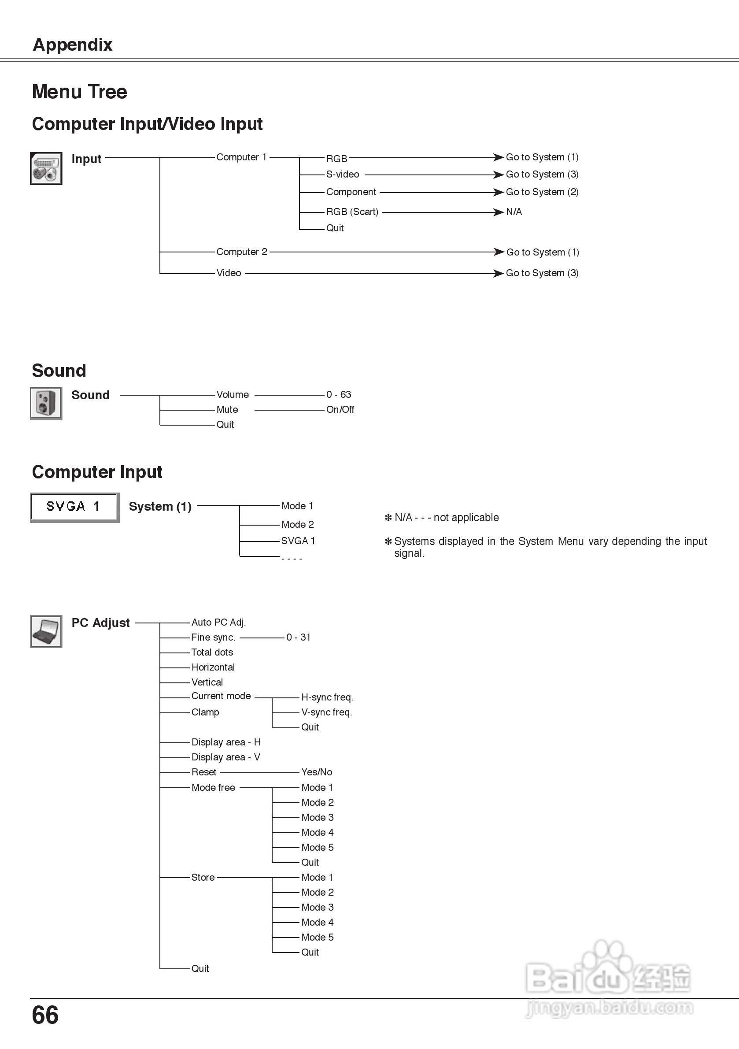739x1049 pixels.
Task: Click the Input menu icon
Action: point(46,168)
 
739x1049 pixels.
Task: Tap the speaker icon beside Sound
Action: point(46,404)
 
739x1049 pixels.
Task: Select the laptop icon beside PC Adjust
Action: point(46,631)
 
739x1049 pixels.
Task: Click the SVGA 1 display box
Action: point(74,507)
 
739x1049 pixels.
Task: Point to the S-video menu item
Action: point(343,174)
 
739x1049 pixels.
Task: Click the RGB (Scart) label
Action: point(352,212)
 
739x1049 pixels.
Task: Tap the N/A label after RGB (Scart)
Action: point(514,212)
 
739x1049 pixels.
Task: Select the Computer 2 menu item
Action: point(242,252)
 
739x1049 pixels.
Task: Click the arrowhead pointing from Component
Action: point(498,193)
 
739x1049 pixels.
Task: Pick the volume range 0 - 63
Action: point(338,394)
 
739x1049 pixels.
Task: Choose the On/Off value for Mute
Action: point(340,409)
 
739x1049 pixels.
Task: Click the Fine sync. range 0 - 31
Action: point(298,637)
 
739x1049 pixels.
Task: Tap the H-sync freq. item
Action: point(327,697)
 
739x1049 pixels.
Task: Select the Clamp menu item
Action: point(205,712)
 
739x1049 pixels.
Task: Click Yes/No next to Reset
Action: point(317,772)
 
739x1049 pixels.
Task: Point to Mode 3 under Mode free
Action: point(318,817)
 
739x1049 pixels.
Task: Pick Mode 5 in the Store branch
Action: point(318,937)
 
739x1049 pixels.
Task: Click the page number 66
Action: point(45,1015)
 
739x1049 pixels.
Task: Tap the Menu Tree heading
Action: point(79,92)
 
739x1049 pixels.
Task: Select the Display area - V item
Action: point(225,757)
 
